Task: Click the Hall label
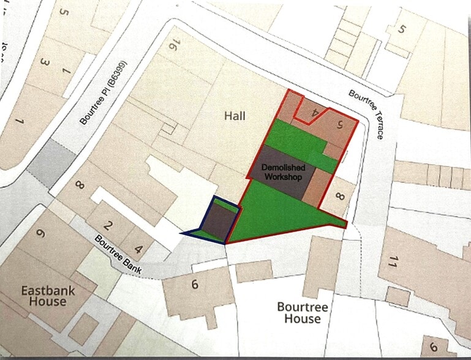pos(235,115)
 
